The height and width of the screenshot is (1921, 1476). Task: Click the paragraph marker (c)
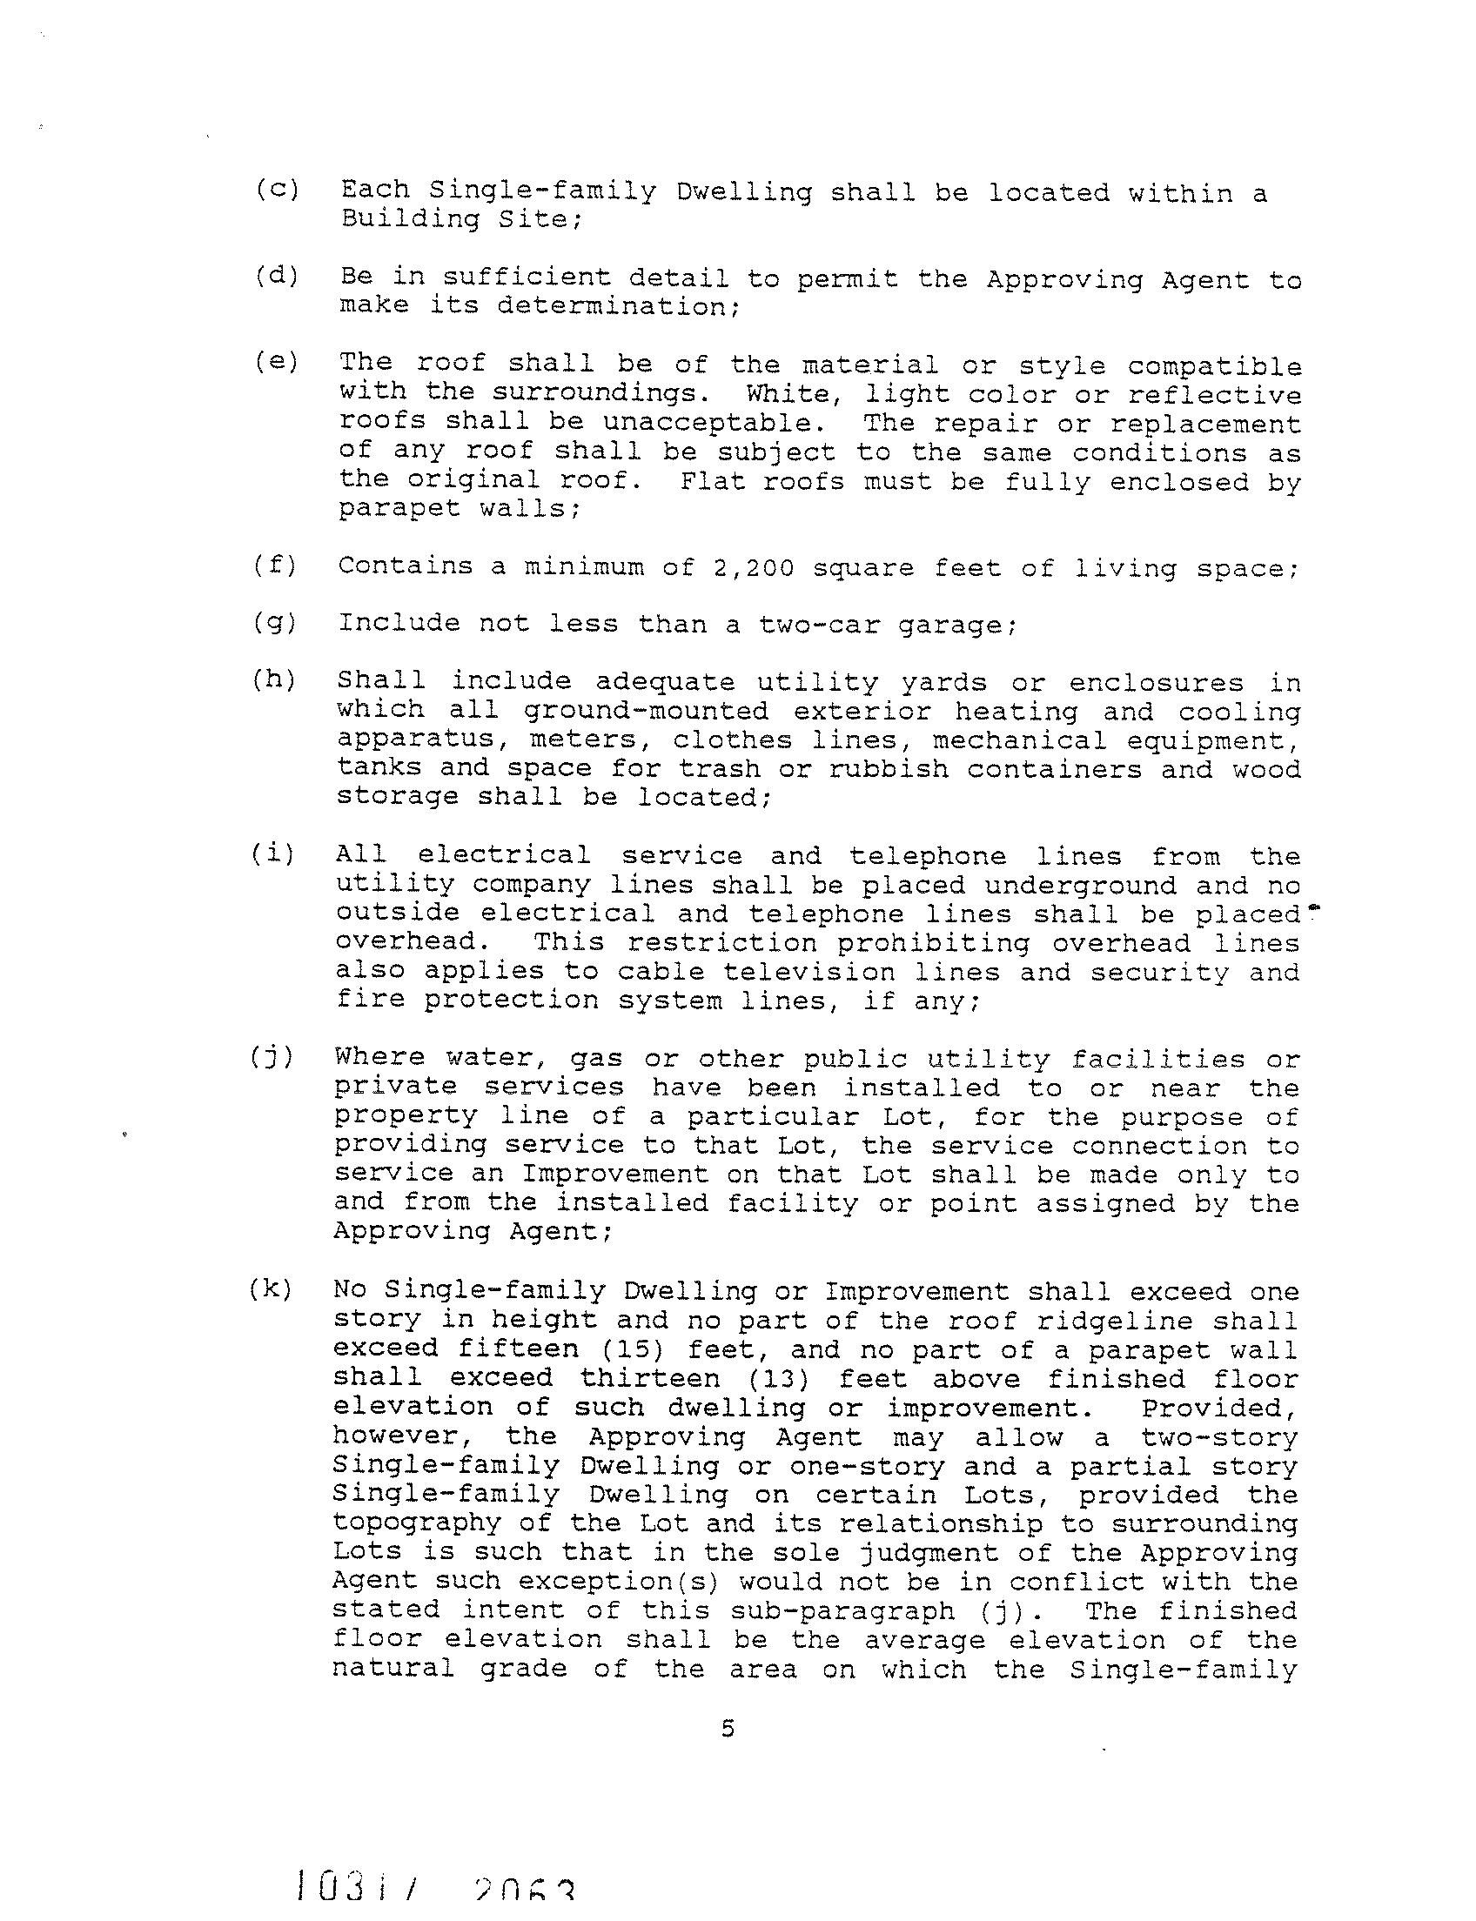[278, 190]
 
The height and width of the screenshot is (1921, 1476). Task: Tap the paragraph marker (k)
[271, 1290]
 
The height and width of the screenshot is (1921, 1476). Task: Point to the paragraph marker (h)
[273, 679]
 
